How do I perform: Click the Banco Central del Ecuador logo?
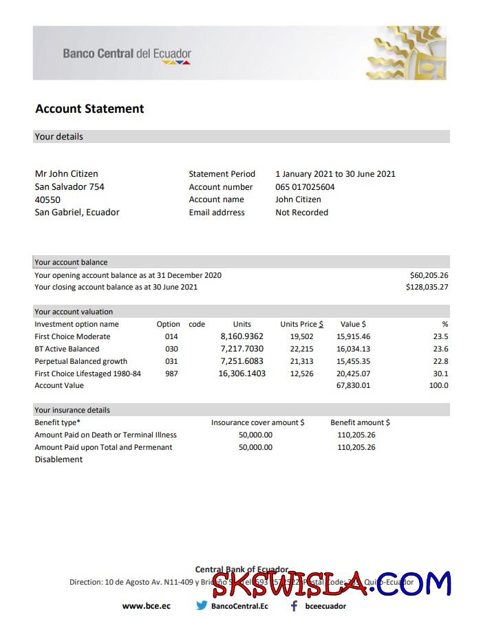point(127,54)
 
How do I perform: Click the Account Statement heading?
point(89,109)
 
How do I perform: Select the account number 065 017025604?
point(305,187)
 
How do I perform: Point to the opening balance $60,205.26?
point(429,275)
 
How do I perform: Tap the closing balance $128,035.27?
point(427,287)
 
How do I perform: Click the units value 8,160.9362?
point(242,336)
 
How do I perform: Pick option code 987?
point(171,373)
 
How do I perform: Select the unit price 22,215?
point(301,349)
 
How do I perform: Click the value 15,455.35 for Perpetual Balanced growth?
point(353,361)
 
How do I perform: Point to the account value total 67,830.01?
point(353,385)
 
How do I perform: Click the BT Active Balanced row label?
point(67,349)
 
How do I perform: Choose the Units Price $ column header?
point(301,324)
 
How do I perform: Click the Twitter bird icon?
point(202,606)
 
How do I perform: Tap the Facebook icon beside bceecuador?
point(294,606)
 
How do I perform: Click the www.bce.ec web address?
point(146,606)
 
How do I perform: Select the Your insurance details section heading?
point(72,410)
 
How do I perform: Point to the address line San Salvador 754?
point(70,187)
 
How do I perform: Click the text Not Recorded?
point(301,213)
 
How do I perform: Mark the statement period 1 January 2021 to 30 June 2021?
point(335,174)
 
